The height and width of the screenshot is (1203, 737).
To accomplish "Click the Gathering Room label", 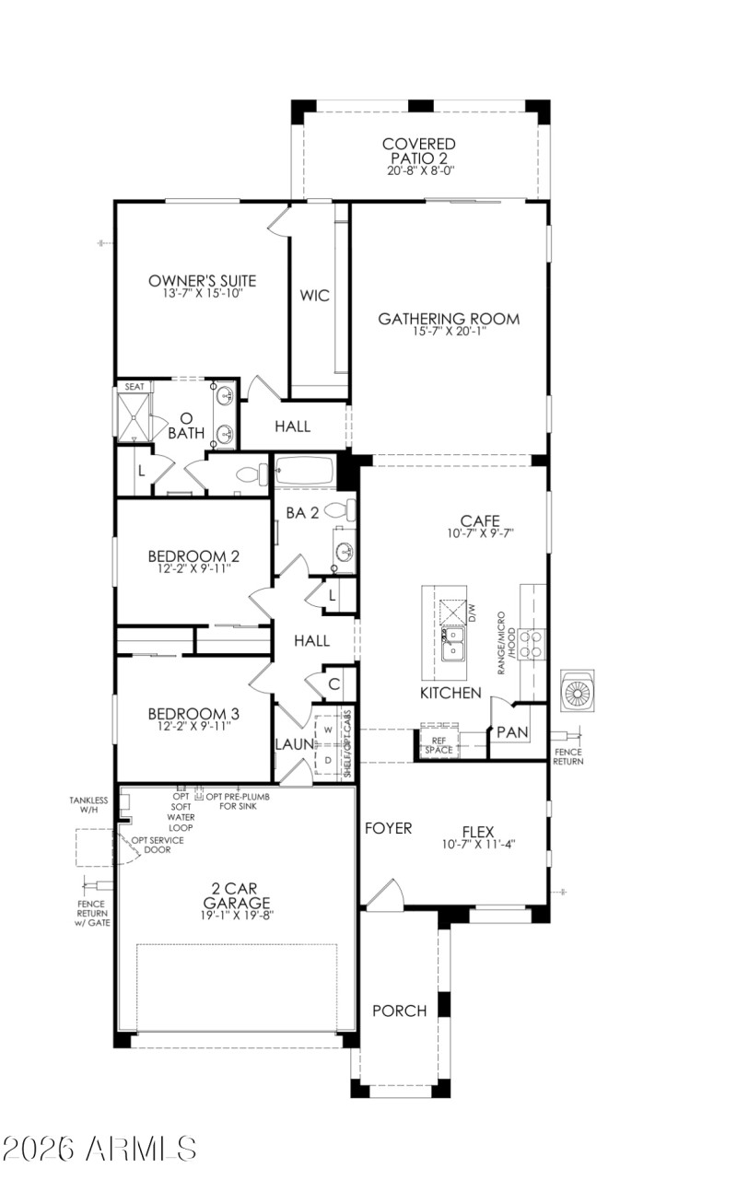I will pos(449,319).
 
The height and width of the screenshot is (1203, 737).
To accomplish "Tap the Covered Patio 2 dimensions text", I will pos(421,171).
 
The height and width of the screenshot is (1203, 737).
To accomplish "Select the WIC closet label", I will pos(314,297).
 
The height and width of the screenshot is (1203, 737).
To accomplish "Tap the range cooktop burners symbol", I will pos(532,641).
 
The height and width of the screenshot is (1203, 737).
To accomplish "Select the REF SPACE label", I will pos(439,744).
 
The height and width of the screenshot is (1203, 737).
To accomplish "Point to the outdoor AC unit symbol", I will pos(578,691).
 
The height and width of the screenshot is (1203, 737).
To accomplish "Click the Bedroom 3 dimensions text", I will pos(188,726).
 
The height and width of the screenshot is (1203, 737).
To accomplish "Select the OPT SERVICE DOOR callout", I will pos(157,845).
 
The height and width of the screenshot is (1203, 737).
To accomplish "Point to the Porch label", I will pos(399,1010).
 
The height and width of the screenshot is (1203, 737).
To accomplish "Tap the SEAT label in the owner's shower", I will pos(135,387).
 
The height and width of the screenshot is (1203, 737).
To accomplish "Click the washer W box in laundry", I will pos(326,729).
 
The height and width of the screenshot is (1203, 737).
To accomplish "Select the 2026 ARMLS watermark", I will pos(99,1148).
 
